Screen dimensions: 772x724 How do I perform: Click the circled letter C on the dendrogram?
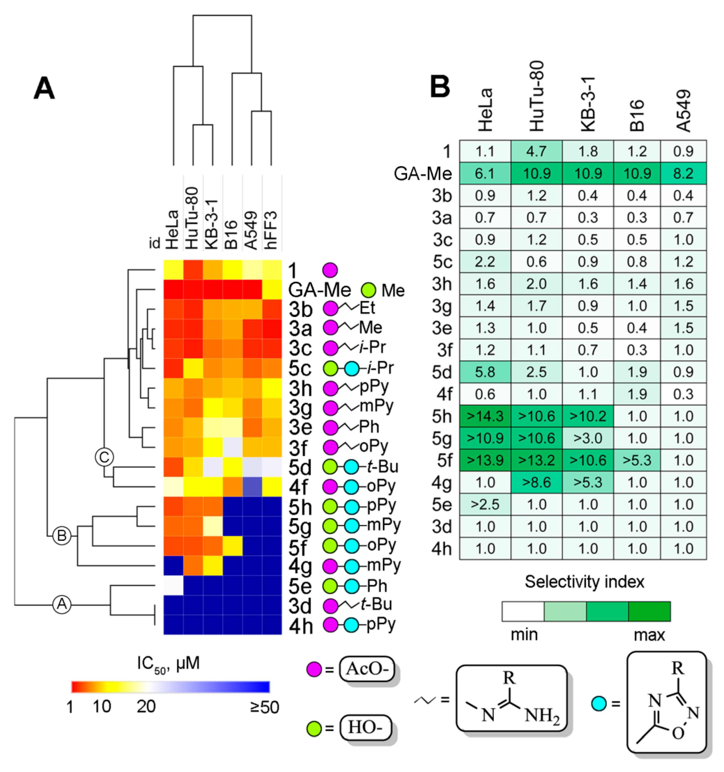point(104,457)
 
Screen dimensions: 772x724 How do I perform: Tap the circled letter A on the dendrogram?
point(62,604)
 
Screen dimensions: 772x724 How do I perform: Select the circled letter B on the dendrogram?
point(62,536)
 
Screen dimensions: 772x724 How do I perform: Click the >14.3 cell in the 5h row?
point(485,416)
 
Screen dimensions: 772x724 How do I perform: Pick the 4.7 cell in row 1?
point(536,151)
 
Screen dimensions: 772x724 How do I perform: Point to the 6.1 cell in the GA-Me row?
point(485,173)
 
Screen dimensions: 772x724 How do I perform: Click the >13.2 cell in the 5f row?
point(536,460)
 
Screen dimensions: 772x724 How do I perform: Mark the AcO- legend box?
point(366,669)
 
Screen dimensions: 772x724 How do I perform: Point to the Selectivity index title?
point(584,582)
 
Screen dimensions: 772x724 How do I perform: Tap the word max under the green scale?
point(649,635)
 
